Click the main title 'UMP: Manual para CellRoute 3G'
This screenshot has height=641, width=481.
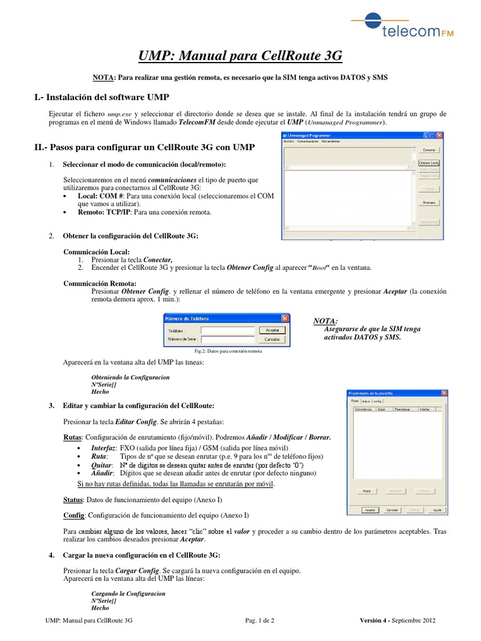click(240, 56)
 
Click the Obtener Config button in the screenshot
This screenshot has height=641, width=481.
click(428, 163)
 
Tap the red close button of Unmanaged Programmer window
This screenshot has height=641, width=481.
click(440, 135)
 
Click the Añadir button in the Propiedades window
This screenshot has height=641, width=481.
click(367, 491)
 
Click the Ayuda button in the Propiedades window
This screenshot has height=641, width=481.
click(438, 510)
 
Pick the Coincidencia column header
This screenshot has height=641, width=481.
click(363, 408)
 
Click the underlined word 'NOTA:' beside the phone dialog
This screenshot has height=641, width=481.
click(325, 321)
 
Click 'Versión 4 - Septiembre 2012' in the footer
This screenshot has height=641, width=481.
click(398, 620)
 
